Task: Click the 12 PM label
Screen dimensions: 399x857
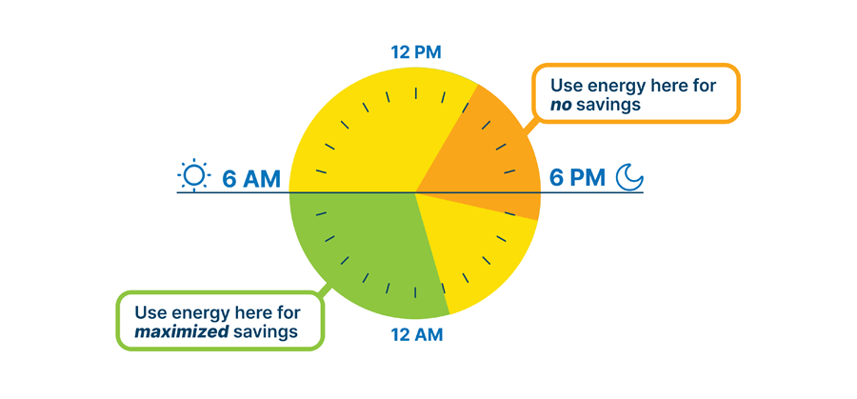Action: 416,51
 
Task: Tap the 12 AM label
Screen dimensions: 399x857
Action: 416,334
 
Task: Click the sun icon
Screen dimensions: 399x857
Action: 193,175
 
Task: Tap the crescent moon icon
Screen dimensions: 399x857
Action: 628,177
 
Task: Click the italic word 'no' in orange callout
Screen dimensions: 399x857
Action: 564,104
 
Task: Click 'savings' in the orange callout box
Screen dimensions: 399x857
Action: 611,104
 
